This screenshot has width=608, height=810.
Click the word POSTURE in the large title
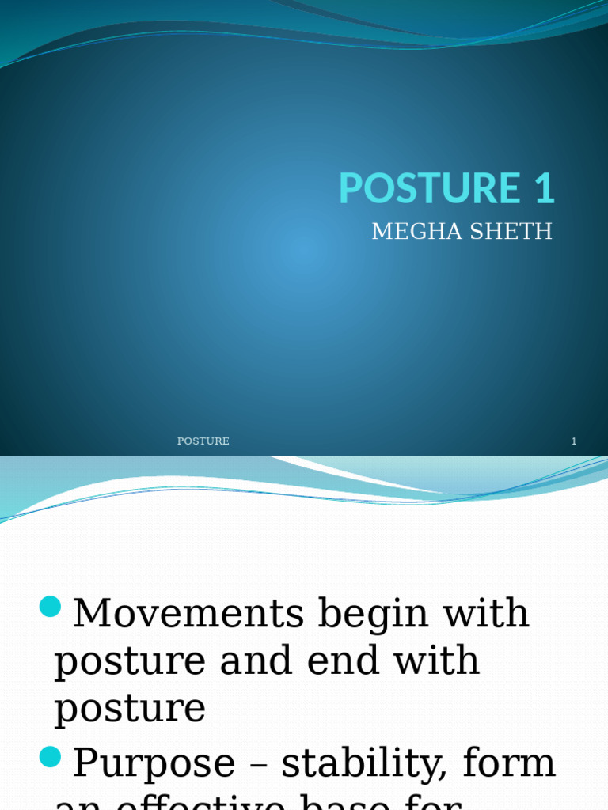tap(417, 188)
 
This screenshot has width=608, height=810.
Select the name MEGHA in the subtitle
tap(410, 232)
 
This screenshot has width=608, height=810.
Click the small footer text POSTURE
tap(203, 441)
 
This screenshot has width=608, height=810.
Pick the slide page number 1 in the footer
tap(574, 441)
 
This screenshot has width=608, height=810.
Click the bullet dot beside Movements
tap(51, 607)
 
